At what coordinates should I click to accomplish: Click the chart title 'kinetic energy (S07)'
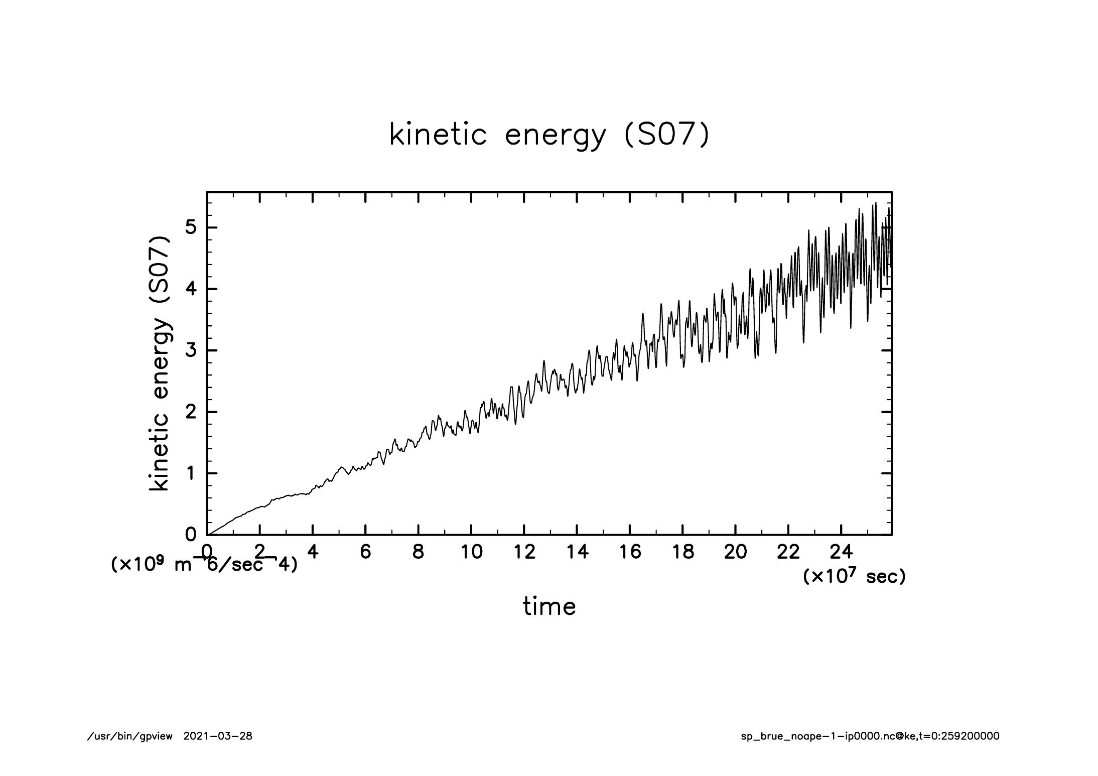tap(549, 136)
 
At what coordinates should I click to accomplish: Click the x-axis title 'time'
tap(549, 606)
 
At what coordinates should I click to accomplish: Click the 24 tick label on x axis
tap(841, 552)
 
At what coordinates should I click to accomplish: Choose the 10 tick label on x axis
tap(471, 552)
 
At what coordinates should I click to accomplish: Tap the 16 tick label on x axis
tap(630, 552)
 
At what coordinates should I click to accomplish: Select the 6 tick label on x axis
tap(365, 552)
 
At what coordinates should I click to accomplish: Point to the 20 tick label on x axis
tap(735, 552)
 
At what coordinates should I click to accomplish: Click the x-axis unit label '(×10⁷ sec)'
tap(854, 576)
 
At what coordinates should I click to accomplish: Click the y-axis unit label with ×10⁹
tap(204, 565)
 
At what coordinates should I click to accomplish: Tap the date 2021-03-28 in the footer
tap(218, 736)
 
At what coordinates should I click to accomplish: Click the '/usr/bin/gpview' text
tap(129, 736)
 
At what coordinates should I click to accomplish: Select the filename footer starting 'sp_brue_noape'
tap(870, 736)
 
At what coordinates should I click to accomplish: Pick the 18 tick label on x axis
tap(682, 552)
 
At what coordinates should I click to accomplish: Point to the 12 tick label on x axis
tap(524, 552)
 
